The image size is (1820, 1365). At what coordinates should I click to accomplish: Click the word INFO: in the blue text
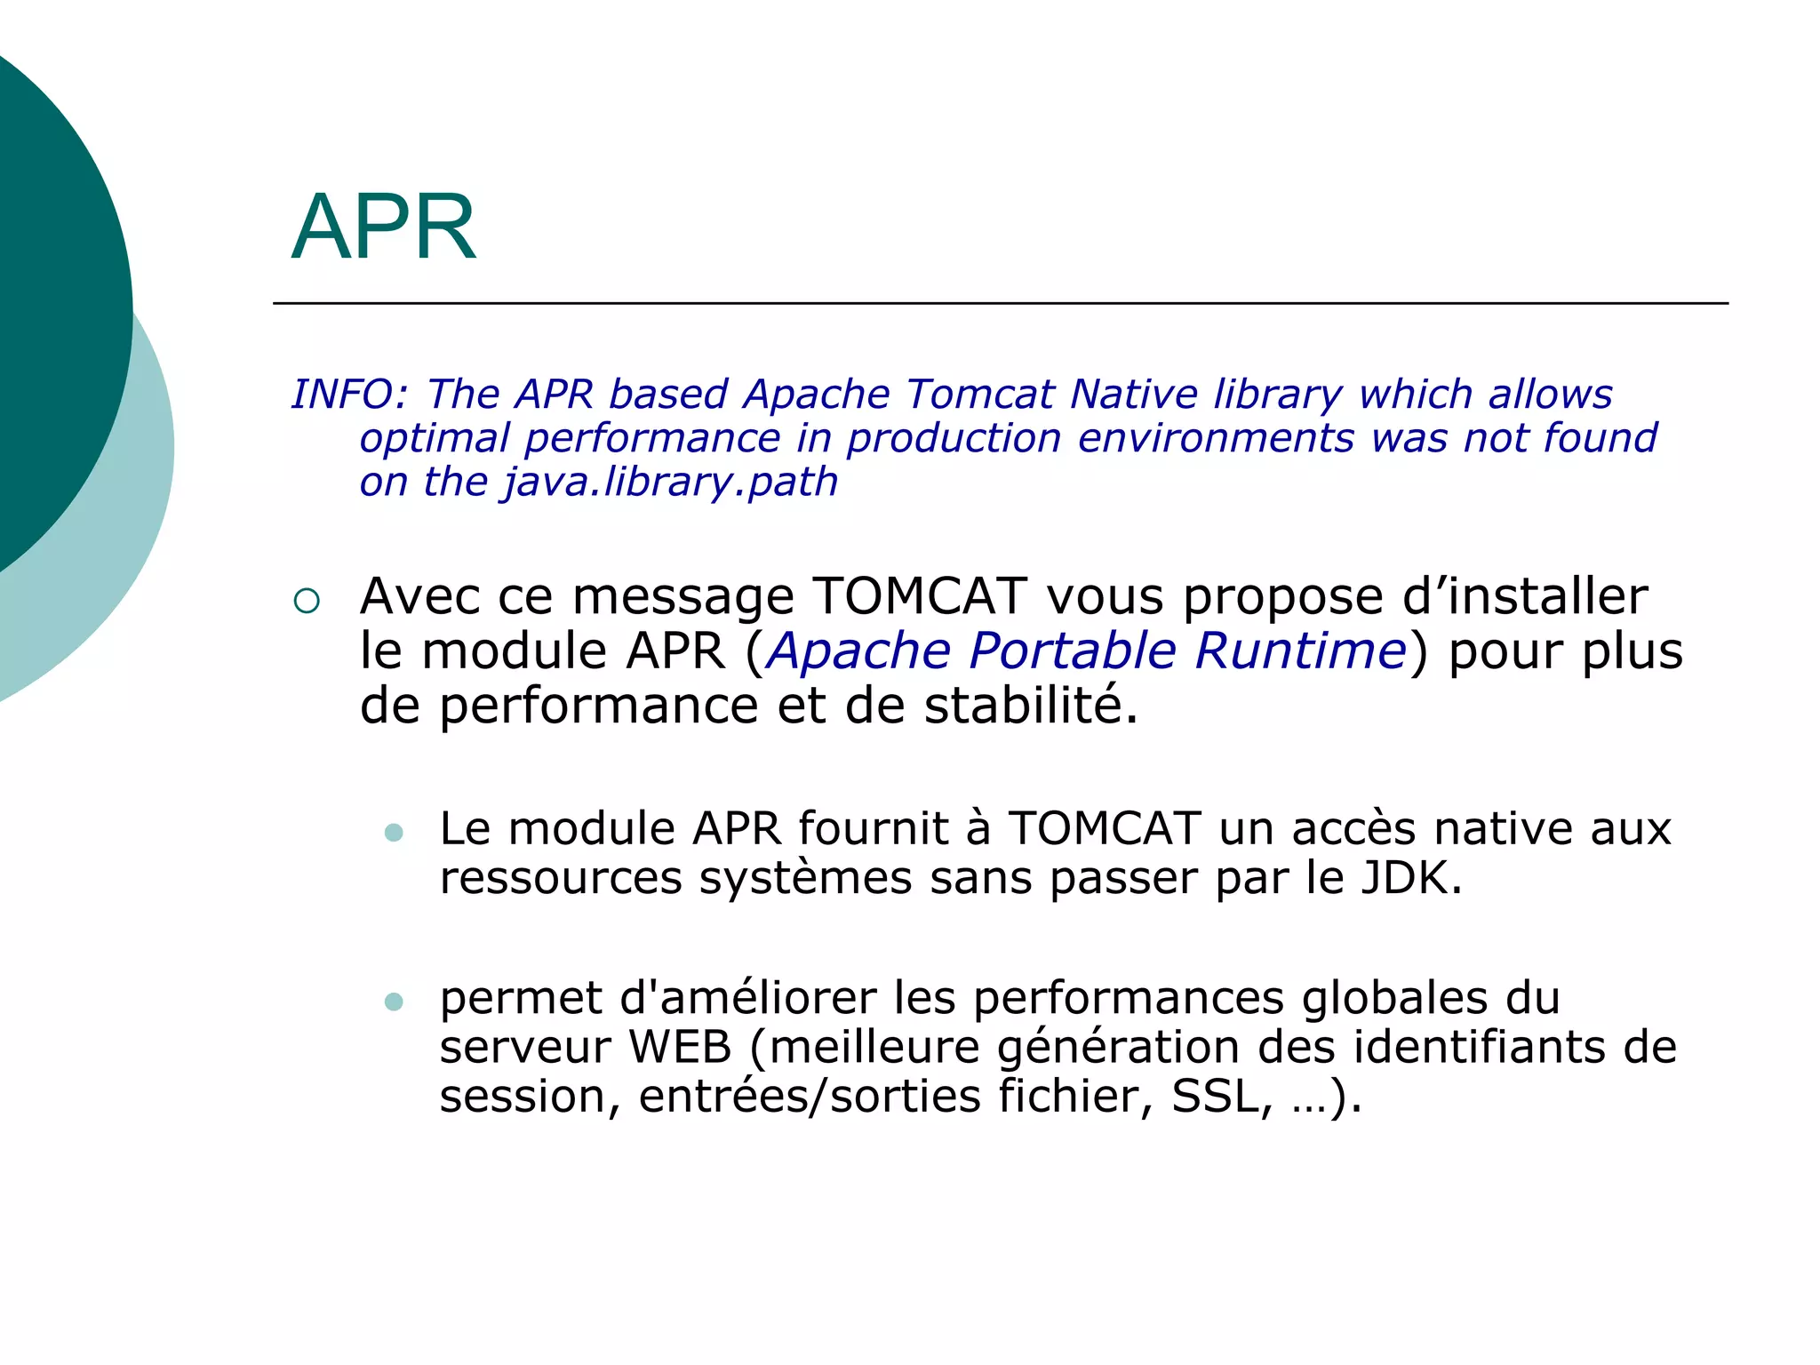[349, 395]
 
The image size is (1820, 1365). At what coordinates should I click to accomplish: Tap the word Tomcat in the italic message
[979, 395]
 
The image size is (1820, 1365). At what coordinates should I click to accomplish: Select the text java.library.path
[671, 483]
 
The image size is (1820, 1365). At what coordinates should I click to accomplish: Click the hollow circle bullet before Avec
[306, 602]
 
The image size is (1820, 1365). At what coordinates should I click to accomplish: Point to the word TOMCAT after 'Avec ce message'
[920, 596]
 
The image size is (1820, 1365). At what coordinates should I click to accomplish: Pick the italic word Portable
[1073, 651]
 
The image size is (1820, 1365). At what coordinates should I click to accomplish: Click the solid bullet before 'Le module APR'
[394, 833]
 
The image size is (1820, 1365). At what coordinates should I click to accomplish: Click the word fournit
[874, 828]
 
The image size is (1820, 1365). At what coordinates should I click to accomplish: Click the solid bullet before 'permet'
[394, 1002]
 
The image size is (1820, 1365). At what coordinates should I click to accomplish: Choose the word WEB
[680, 1047]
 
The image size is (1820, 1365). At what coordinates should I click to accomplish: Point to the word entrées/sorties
[810, 1096]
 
